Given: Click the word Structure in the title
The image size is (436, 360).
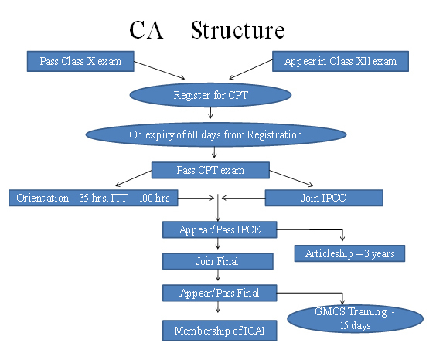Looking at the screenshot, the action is pos(238,30).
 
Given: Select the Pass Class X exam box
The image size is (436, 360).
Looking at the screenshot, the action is pos(80,61).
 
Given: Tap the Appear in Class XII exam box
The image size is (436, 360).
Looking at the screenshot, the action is pos(340,61).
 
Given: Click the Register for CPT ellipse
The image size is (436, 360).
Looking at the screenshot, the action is pos(210,95).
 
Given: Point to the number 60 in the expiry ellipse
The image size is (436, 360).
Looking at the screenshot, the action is pos(192,134).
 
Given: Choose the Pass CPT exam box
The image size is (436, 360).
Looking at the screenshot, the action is pos(210,170).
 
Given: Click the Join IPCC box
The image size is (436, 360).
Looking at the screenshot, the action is pos(324,198).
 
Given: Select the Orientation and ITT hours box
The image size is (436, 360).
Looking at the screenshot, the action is pos(93,198).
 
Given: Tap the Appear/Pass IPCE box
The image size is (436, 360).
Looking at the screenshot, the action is pos(220,229).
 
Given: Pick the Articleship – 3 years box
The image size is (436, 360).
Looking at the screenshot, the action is pos(349,253).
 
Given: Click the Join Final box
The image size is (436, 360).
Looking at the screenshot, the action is pos(218,261).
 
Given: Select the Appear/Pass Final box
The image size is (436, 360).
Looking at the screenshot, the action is pos(220,293).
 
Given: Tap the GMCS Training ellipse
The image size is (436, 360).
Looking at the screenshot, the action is pos(355,318).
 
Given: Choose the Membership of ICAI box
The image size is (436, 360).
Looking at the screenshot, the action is pos(220,331).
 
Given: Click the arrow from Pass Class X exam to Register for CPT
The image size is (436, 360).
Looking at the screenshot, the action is pos(159,70).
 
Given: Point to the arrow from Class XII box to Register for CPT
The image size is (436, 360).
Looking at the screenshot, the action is pos(250,70).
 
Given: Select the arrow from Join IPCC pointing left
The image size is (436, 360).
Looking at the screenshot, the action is pos(244,198).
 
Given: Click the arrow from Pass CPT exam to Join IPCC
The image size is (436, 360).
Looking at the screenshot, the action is pos(291,178).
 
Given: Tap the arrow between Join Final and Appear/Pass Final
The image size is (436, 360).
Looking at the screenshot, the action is pos(218,275).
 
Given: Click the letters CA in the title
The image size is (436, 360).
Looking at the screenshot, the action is pos(146,30).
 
